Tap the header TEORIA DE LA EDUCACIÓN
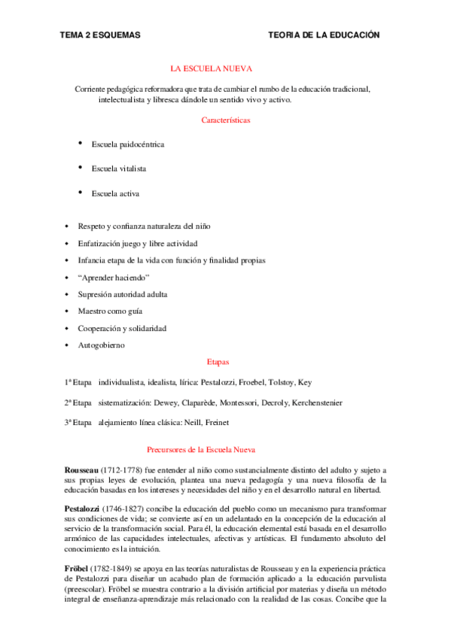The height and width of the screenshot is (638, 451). coord(324,35)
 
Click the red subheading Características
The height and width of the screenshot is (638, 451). coord(226,120)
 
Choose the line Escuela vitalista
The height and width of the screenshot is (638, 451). coord(118,169)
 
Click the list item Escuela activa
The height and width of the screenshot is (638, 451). coord(115,193)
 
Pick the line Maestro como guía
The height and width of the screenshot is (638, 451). coord(110,311)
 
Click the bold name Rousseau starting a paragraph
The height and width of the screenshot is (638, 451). coord(82,469)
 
